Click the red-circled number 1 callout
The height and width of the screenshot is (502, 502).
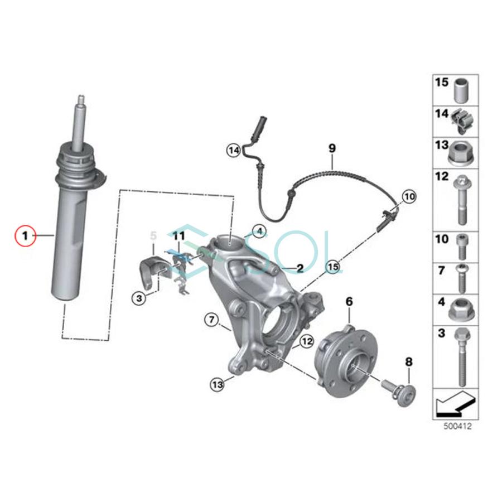(x=25, y=236)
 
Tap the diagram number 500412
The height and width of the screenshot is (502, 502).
(x=456, y=425)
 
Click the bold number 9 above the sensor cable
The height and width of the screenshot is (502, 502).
(x=332, y=148)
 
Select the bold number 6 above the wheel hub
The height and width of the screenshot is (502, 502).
(x=350, y=302)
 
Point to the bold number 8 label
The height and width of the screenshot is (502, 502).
(x=409, y=362)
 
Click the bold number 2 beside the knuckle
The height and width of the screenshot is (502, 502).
(x=300, y=268)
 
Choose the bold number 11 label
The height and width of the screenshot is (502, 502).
(x=178, y=237)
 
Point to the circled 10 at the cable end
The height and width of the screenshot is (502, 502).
(x=409, y=196)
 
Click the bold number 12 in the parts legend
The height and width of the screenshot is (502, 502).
(x=442, y=177)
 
